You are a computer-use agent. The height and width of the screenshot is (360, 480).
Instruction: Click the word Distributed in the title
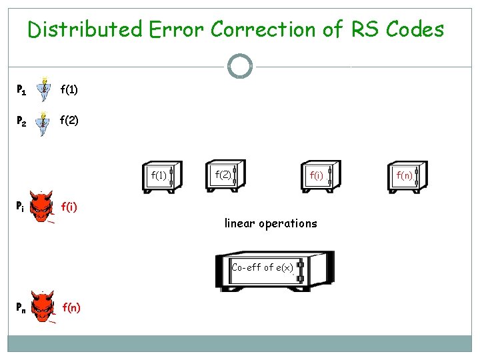pyautogui.click(x=85, y=29)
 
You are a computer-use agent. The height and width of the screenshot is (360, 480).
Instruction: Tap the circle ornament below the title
pyautogui.click(x=240, y=67)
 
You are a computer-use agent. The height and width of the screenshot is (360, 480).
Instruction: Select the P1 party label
pyautogui.click(x=21, y=89)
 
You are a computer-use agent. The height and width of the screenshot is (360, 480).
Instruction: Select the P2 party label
pyautogui.click(x=21, y=122)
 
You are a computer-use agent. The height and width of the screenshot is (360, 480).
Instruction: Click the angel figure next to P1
pyautogui.click(x=44, y=89)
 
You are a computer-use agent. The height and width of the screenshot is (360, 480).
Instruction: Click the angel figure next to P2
pyautogui.click(x=44, y=124)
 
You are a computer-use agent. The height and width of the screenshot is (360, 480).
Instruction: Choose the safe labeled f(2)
pyautogui.click(x=225, y=175)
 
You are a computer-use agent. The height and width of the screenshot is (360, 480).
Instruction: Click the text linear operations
pyautogui.click(x=271, y=223)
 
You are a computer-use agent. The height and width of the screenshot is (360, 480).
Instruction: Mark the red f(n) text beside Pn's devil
pyautogui.click(x=71, y=307)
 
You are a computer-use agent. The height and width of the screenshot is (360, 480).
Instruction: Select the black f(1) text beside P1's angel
pyautogui.click(x=69, y=89)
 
